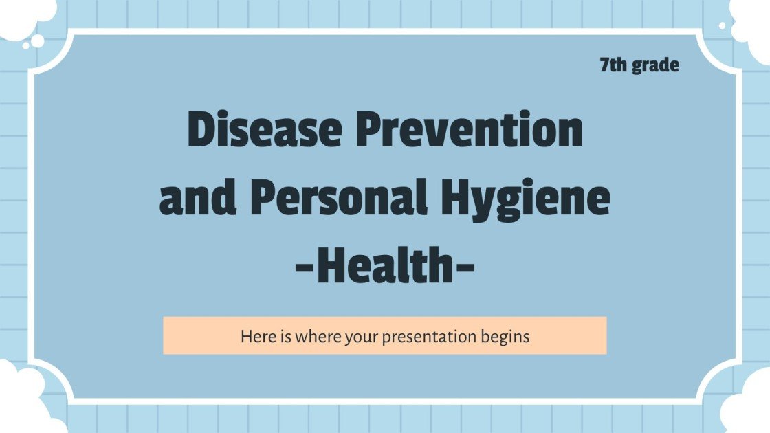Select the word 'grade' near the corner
[x=654, y=66]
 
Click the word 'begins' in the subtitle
[x=505, y=337]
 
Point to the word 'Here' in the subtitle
[x=256, y=337]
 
